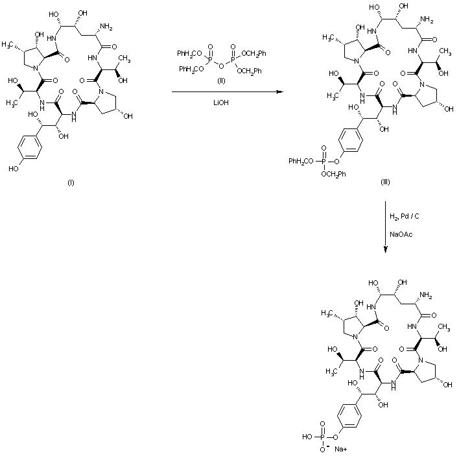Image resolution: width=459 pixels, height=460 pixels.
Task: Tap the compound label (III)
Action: (385, 182)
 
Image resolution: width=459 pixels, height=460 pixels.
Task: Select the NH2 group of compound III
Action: (425, 21)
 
